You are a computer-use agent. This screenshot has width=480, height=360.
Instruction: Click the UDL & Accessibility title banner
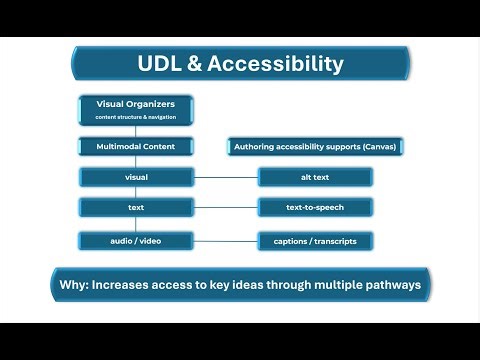click(240, 65)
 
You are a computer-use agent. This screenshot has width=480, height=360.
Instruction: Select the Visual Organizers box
click(136, 110)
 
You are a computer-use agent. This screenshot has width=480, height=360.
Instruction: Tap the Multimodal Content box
click(136, 146)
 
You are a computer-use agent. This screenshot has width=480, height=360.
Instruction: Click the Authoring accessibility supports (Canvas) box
click(315, 147)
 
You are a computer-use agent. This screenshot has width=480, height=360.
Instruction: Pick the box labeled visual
click(136, 178)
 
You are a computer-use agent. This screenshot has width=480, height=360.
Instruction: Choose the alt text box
click(315, 178)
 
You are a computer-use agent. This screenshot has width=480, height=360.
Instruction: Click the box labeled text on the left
click(136, 209)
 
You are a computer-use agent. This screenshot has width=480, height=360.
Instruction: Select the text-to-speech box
click(315, 209)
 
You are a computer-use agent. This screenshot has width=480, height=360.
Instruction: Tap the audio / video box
click(136, 241)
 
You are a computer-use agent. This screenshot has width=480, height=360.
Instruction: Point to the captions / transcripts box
click(315, 241)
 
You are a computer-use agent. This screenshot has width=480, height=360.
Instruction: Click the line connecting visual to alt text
click(225, 178)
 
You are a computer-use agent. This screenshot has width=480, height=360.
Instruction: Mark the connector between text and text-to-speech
click(225, 209)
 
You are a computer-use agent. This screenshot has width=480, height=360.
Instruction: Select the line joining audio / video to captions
click(225, 241)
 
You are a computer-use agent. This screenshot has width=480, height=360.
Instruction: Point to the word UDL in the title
click(160, 65)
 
